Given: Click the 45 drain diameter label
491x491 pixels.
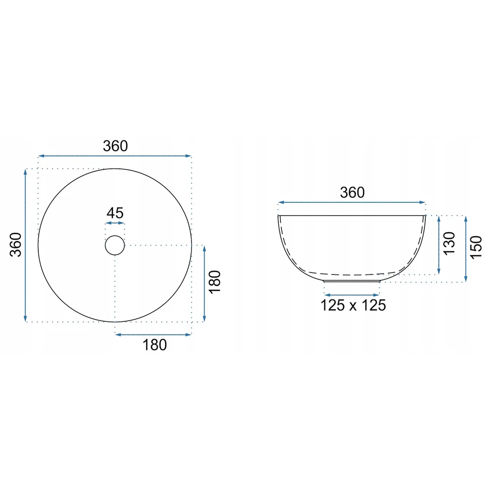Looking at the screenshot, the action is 115,213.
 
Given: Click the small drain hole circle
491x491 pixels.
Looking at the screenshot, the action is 115,236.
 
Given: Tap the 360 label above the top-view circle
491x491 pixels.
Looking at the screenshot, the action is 115,146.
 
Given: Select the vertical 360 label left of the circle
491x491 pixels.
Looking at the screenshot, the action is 16,245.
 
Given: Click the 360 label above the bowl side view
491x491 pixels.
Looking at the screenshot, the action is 352,192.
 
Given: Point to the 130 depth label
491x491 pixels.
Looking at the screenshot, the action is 449,244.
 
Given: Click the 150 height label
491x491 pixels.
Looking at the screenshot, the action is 476,247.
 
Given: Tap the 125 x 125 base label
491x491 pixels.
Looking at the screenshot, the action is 353,305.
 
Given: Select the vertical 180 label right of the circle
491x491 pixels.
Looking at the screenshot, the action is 215,282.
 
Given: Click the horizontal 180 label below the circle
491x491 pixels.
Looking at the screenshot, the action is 155,345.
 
